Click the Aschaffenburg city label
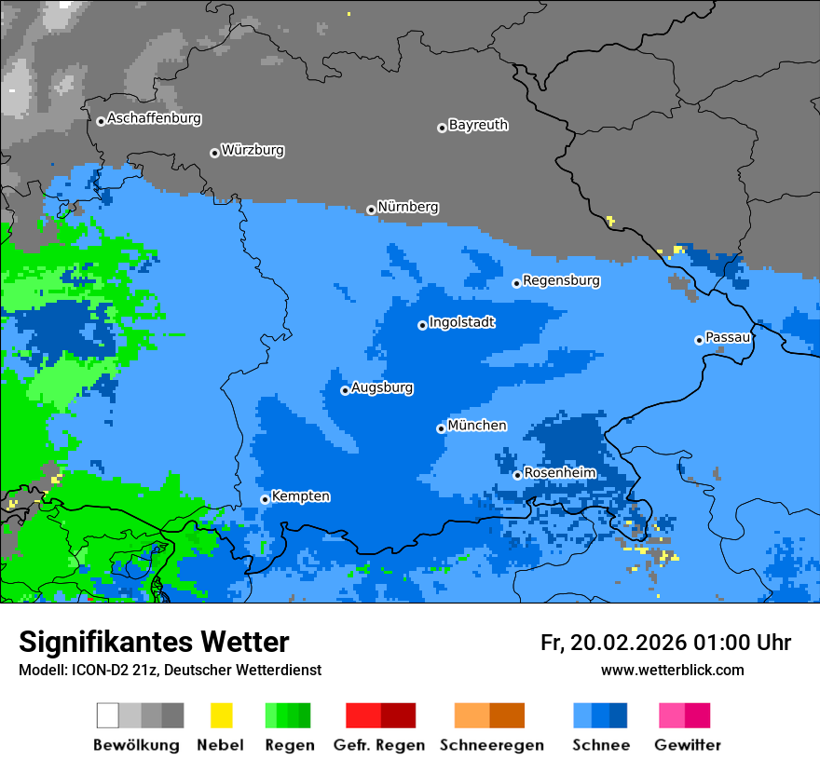pyautogui.click(x=154, y=119)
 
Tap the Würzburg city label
pyautogui.click(x=253, y=151)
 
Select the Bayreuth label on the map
pyautogui.click(x=478, y=125)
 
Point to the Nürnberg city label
pyautogui.click(x=407, y=208)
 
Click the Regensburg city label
pyautogui.click(x=561, y=280)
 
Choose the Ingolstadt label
pyautogui.click(x=461, y=323)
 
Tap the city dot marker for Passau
pyautogui.click(x=699, y=340)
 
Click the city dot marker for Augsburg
pyautogui.click(x=345, y=390)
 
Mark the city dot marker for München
pyautogui.click(x=441, y=428)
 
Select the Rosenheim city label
pyautogui.click(x=559, y=473)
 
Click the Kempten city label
pyautogui.click(x=300, y=496)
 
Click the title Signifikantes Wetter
pyautogui.click(x=154, y=643)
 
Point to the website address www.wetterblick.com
pyautogui.click(x=672, y=671)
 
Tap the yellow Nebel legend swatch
pyautogui.click(x=221, y=715)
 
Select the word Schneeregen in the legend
pyautogui.click(x=491, y=745)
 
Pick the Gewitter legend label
pyautogui.click(x=687, y=745)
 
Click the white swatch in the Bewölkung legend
pyautogui.click(x=108, y=715)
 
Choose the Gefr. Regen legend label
pyautogui.click(x=378, y=745)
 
